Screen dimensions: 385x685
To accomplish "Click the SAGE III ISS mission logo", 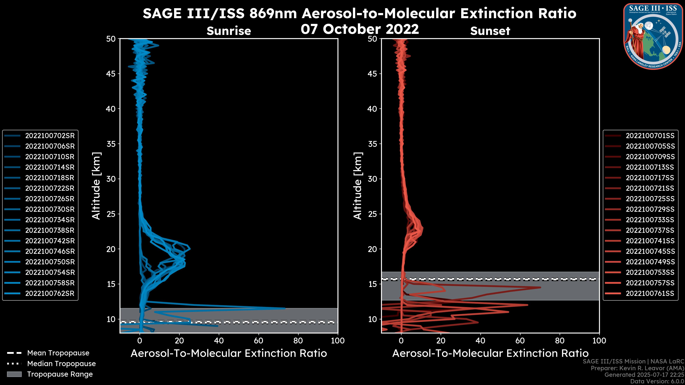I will pyautogui.click(x=653, y=36).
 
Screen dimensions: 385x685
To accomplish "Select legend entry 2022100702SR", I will pyautogui.click(x=50, y=136).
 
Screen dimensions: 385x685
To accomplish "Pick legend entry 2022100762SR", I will pyautogui.click(x=50, y=294).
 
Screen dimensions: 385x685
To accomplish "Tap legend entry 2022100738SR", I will pyautogui.click(x=50, y=230).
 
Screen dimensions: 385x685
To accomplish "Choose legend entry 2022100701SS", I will pyautogui.click(x=650, y=136).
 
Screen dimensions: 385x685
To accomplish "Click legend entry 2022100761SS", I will pyautogui.click(x=650, y=294).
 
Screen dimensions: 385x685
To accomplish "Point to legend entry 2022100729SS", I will pyautogui.click(x=650, y=209).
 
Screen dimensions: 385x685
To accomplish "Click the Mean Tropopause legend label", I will pyautogui.click(x=58, y=353).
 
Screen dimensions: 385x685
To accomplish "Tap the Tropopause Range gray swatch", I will pyautogui.click(x=14, y=374).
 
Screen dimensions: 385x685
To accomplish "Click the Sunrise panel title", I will pyautogui.click(x=229, y=31).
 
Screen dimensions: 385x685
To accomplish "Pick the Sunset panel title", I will pyautogui.click(x=490, y=31).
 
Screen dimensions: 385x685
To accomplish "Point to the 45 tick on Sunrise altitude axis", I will pyautogui.click(x=111, y=74).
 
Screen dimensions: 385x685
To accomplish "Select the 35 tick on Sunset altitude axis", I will pyautogui.click(x=372, y=144).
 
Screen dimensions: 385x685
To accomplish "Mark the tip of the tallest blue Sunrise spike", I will pyautogui.click(x=285, y=308).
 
